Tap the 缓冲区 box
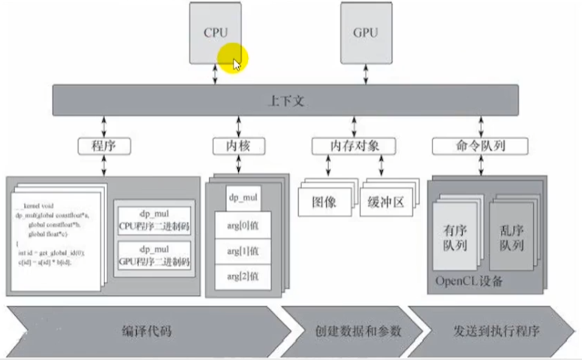pyautogui.click(x=387, y=200)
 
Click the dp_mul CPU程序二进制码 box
pyautogui.click(x=153, y=219)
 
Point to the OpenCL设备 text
pyautogui.click(x=469, y=282)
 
